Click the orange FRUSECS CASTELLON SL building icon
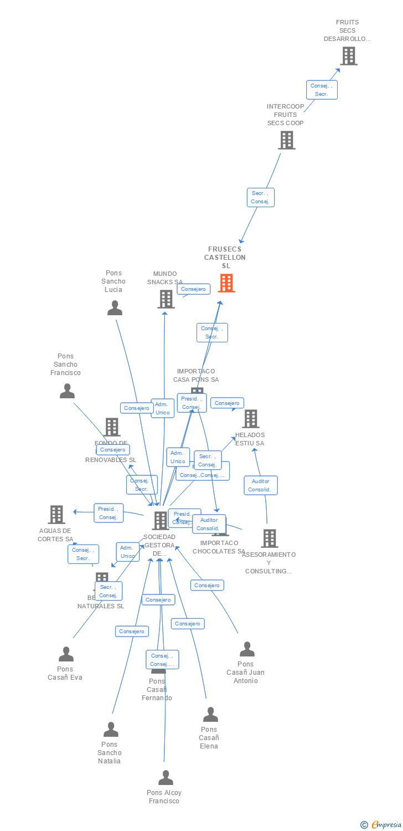[x=226, y=283]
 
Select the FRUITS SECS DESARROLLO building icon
[x=348, y=56]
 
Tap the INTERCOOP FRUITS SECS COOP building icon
[x=287, y=140]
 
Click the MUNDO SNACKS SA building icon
[x=166, y=299]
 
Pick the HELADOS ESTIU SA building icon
[x=251, y=419]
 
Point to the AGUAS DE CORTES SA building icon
[x=56, y=515]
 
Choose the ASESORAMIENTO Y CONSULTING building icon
[x=270, y=538]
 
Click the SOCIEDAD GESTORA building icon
[x=161, y=520]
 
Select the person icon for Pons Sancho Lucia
[x=115, y=307]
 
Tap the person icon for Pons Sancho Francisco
[x=67, y=391]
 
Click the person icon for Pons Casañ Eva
[x=66, y=654]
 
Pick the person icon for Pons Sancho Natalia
[x=111, y=730]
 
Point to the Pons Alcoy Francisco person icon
[x=166, y=778]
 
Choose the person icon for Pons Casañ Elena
[x=210, y=715]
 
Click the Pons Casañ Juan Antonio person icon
[x=247, y=649]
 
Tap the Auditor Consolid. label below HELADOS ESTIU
[x=261, y=485]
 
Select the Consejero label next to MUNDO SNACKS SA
[x=194, y=289]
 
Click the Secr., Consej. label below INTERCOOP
[x=261, y=197]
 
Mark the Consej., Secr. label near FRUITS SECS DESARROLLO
[x=322, y=90]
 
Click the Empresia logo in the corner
[x=381, y=825]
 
